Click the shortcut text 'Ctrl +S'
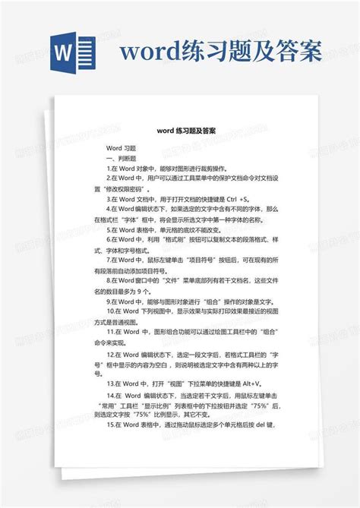236,198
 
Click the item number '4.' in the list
109,208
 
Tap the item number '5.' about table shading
109,229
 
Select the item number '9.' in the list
109,301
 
